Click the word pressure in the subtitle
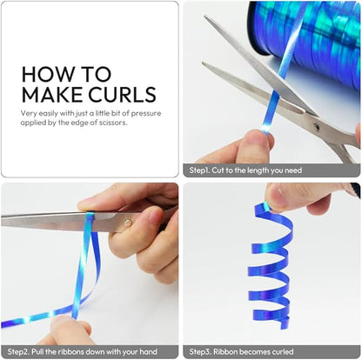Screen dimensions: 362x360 tap(146, 113)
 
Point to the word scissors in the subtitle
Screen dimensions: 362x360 tap(115, 123)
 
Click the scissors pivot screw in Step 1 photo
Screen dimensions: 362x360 tap(316, 127)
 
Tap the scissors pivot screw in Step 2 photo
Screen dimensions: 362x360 tap(127, 223)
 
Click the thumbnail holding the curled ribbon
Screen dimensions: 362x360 tap(278, 197)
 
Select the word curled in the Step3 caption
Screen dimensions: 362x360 tap(283, 352)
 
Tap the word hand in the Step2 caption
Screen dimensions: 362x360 tap(148, 352)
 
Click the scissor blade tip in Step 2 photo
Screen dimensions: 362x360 tap(2, 221)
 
